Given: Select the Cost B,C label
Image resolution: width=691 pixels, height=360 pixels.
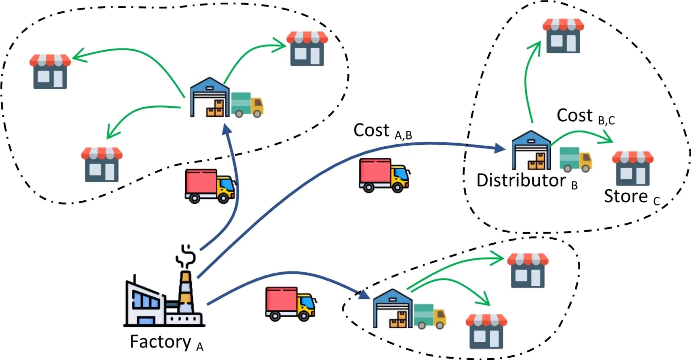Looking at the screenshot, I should (x=585, y=116).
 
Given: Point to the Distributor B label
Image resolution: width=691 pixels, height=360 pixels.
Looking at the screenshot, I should (x=527, y=181).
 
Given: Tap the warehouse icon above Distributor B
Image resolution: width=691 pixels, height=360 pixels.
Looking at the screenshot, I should (x=531, y=150).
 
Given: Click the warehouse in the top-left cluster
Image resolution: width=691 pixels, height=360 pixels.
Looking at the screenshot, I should (x=210, y=98).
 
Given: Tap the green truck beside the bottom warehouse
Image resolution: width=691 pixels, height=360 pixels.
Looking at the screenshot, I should (x=429, y=316).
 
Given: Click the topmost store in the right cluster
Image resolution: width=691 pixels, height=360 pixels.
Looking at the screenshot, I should (x=563, y=36).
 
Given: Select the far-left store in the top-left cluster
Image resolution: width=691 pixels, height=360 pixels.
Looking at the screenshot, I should (x=50, y=71).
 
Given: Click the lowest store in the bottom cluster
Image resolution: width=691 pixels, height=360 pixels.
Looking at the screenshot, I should (x=486, y=331).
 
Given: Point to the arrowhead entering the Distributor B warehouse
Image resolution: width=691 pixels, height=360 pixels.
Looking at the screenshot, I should (x=499, y=148).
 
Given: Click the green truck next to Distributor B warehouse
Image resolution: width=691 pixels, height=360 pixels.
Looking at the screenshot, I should (x=575, y=159).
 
